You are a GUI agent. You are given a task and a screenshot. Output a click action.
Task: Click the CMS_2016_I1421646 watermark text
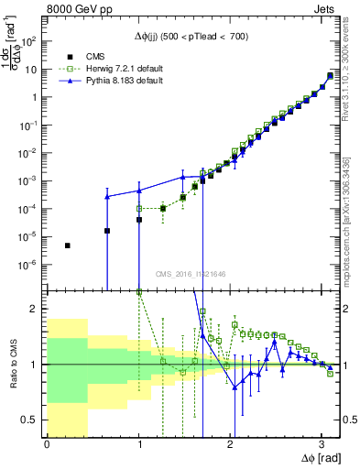point(191,272)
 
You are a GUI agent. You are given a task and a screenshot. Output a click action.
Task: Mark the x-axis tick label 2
point(230,444)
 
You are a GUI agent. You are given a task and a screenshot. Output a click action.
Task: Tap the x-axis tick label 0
point(47,444)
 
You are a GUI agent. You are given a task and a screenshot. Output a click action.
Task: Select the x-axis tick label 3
point(322,444)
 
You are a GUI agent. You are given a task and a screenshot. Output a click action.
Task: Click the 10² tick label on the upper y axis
point(30,41)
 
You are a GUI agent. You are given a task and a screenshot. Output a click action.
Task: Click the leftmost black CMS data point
point(67,245)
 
